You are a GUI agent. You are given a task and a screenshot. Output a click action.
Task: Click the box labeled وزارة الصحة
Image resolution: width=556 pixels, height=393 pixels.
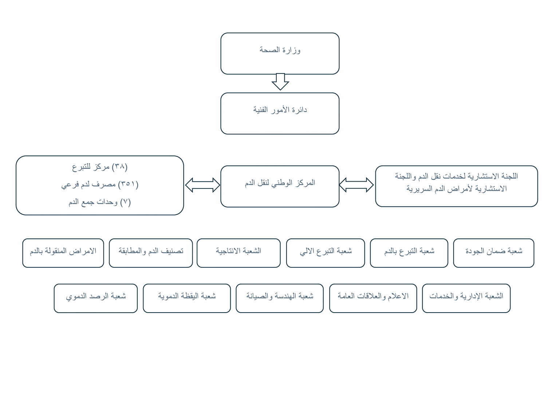click(280, 53)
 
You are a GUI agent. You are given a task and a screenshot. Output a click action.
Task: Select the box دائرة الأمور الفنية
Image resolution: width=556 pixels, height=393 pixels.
click(280, 114)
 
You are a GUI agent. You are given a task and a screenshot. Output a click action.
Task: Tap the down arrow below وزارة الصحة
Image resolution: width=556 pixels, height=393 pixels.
click(280, 82)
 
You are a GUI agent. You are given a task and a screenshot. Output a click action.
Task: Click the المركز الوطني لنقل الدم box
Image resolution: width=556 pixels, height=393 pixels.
click(280, 186)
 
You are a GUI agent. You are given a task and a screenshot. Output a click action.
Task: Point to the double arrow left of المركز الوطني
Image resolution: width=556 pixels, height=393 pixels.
click(202, 185)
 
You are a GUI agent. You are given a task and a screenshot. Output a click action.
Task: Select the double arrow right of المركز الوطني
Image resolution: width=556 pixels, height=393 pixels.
click(356, 185)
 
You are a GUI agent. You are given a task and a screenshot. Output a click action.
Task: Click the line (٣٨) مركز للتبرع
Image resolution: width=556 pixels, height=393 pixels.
click(100, 167)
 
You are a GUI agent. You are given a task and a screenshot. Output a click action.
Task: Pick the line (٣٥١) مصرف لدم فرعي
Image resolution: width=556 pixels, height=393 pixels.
click(100, 184)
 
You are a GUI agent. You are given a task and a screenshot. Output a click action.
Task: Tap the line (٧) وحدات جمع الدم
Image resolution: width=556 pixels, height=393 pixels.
click(100, 202)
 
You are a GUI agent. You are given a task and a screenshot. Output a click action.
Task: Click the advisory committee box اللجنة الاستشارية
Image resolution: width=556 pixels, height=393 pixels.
click(457, 186)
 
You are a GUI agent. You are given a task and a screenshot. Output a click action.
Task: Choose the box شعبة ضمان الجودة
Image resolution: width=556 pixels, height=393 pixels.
click(493, 253)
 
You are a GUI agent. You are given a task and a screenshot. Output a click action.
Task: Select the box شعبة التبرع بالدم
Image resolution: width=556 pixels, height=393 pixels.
click(409, 253)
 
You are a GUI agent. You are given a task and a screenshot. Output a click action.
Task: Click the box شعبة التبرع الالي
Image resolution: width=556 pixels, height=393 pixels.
click(326, 253)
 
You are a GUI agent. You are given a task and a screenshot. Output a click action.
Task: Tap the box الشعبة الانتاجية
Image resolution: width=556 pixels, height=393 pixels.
click(238, 253)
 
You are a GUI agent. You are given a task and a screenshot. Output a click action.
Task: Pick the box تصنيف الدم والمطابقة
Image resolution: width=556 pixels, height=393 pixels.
click(151, 253)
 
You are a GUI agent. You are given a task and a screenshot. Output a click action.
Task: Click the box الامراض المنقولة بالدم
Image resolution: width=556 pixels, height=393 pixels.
click(63, 253)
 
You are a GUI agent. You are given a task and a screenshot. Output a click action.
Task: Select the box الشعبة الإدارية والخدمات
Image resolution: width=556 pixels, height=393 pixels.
click(466, 298)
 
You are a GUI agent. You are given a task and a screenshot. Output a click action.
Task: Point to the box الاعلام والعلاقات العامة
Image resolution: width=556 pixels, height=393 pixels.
click(373, 298)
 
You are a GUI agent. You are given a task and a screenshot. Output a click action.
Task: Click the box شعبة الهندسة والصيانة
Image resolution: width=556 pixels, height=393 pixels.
click(280, 298)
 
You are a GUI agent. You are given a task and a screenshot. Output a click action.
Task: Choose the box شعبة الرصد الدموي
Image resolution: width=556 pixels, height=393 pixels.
click(95, 298)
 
